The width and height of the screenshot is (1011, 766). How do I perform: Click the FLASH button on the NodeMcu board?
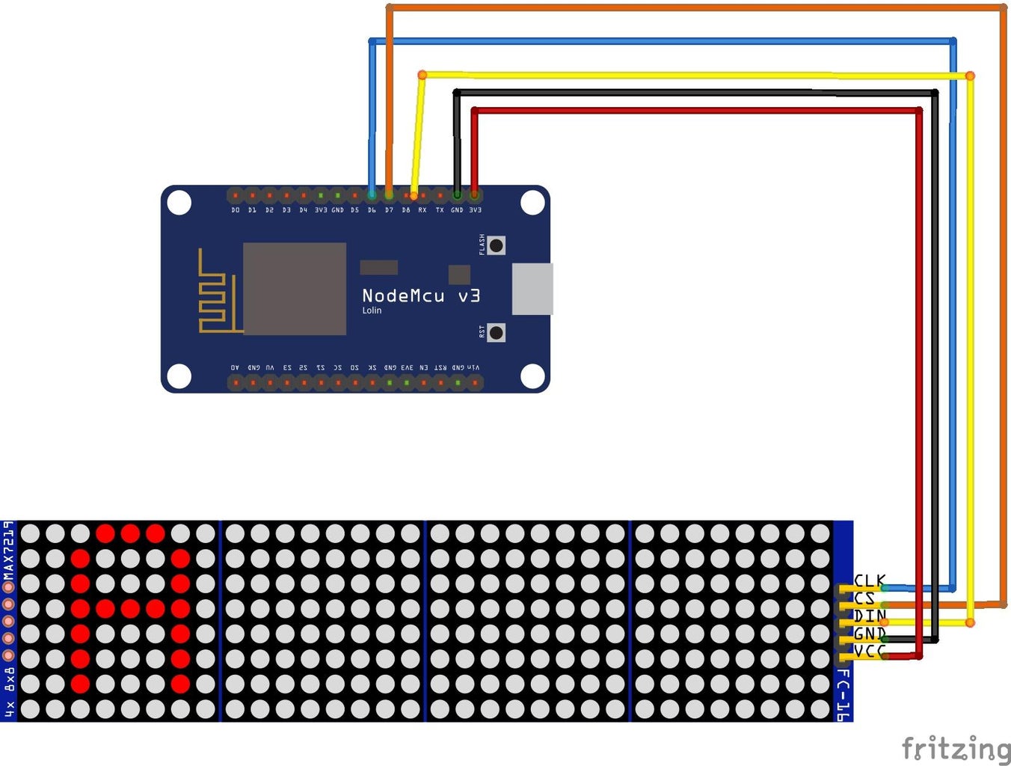496,245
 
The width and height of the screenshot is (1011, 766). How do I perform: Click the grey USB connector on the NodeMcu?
532,289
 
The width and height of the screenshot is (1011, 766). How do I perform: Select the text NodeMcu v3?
421,296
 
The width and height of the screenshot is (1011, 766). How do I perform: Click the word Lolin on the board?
372,310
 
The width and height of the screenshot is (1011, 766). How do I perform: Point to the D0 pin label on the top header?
236,210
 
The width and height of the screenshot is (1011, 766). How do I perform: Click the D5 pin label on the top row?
354,210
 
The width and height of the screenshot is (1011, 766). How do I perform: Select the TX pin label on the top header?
440,210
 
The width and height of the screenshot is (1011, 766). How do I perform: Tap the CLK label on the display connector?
870,580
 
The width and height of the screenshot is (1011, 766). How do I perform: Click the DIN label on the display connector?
870,616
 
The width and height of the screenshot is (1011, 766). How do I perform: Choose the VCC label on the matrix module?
870,652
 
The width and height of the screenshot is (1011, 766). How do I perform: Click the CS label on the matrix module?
864,598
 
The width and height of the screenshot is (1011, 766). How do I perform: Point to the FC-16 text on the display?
843,695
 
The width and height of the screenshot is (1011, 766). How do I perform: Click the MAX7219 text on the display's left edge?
8,551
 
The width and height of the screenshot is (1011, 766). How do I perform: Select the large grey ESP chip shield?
295,289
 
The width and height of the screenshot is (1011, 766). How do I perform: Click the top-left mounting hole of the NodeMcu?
179,203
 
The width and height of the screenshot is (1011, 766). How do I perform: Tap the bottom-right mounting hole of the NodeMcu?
532,376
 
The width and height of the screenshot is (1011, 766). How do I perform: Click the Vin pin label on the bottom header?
475,368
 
